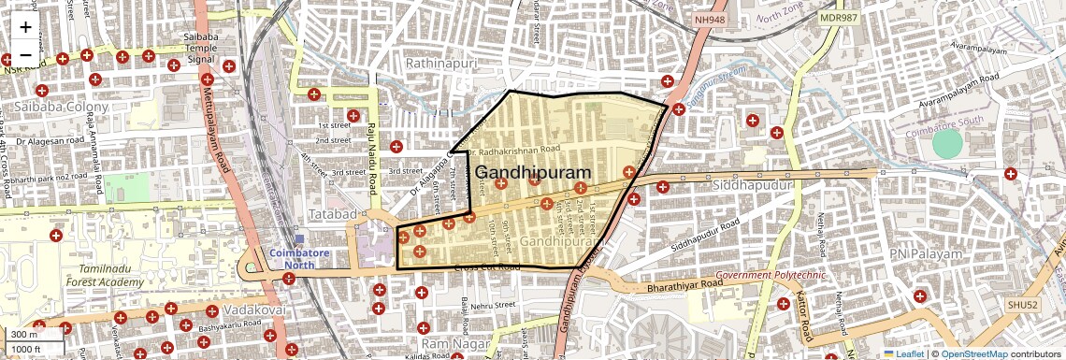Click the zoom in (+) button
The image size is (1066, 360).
click(25, 27)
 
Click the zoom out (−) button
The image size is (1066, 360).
click(25, 55)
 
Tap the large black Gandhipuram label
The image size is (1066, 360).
click(534, 173)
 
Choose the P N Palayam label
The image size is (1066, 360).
click(926, 253)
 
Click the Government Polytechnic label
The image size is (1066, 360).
click(771, 276)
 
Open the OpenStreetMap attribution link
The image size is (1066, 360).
click(973, 353)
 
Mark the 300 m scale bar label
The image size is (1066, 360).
click(25, 334)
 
